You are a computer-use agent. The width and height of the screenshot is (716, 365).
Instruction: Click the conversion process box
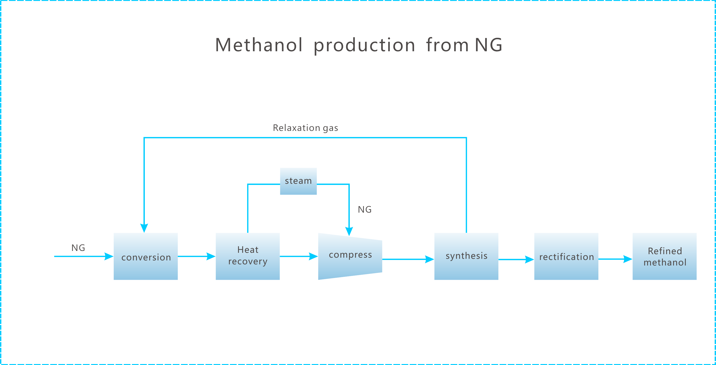click(x=146, y=256)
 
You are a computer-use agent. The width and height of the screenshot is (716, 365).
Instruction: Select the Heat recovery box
click(x=248, y=256)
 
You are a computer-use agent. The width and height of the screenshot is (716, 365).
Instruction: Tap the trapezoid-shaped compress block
click(x=350, y=256)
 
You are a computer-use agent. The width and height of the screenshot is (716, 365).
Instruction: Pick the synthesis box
click(x=466, y=256)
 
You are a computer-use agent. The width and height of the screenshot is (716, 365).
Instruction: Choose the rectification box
click(x=566, y=256)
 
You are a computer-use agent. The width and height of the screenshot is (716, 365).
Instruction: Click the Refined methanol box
click(x=664, y=256)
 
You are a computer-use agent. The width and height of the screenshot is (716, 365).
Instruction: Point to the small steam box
click(x=298, y=181)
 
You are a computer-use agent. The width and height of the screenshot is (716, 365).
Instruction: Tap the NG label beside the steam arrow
click(x=365, y=209)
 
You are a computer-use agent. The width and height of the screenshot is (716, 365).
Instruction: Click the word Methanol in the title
click(x=259, y=45)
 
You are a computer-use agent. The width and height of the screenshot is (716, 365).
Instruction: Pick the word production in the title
click(x=364, y=45)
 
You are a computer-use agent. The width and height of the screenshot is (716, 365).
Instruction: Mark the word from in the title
click(x=447, y=45)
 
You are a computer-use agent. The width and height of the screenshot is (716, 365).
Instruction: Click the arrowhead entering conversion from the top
click(x=144, y=228)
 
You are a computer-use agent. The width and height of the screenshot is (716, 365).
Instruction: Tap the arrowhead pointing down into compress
click(x=349, y=231)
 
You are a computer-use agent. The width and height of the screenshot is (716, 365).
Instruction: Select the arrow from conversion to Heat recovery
click(x=196, y=256)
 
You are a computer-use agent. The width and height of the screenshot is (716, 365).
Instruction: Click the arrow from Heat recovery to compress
click(x=299, y=256)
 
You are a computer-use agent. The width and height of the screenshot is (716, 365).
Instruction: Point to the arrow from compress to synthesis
click(x=408, y=259)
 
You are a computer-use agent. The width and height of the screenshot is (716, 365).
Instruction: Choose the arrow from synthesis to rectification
click(x=516, y=259)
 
